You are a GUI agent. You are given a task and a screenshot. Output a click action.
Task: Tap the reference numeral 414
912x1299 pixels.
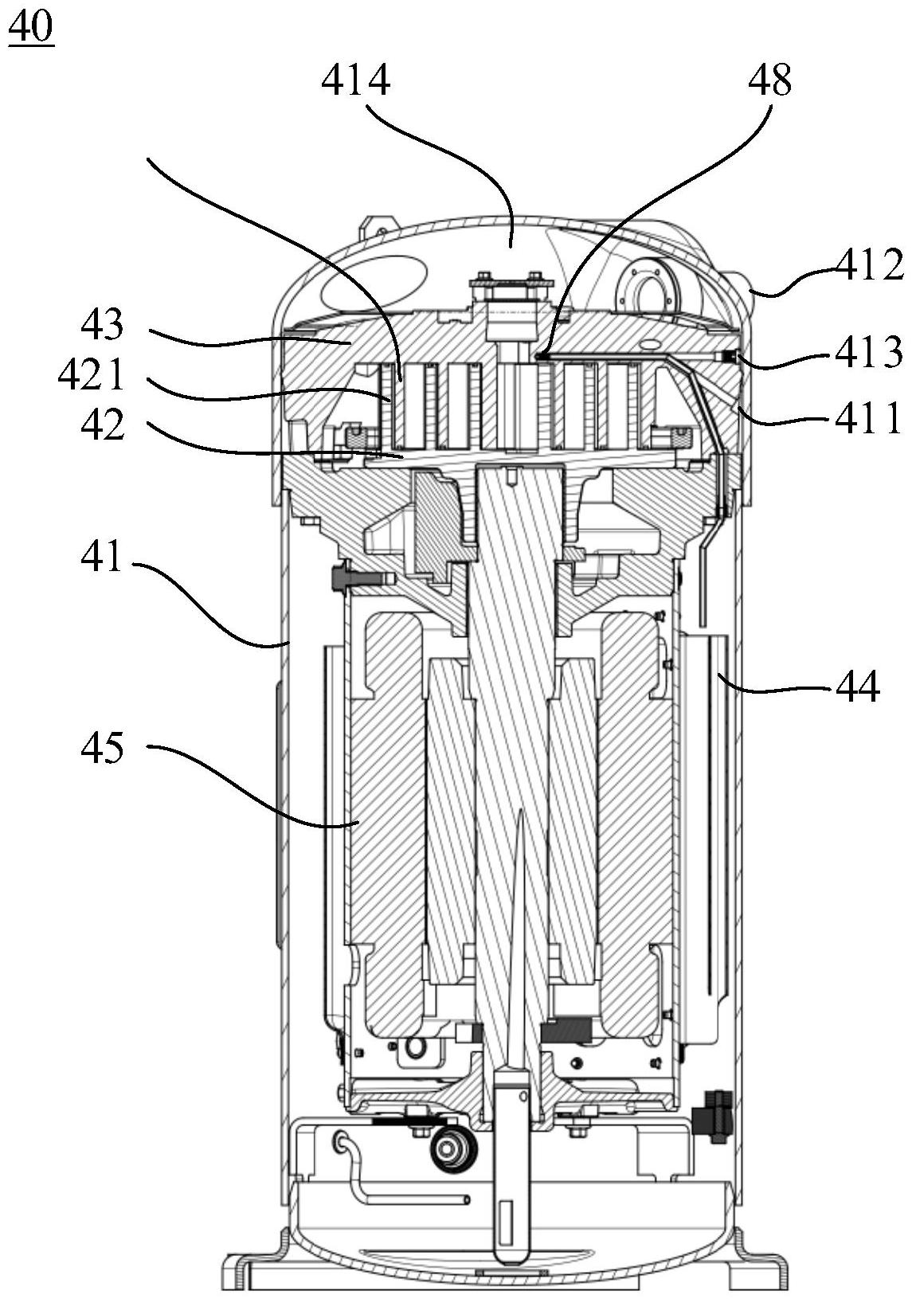click(355, 80)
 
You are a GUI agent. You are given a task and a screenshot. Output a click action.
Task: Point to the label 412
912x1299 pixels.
click(869, 265)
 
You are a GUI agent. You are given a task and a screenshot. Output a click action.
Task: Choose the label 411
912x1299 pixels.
click(868, 417)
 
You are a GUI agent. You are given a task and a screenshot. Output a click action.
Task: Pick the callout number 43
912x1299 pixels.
click(102, 324)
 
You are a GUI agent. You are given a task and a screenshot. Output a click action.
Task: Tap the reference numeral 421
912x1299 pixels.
click(91, 376)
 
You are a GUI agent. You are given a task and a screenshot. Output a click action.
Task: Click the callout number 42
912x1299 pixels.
click(102, 425)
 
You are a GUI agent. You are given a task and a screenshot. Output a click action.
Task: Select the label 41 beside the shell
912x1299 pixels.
click(102, 557)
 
